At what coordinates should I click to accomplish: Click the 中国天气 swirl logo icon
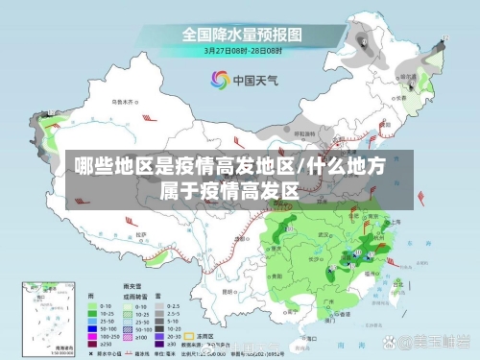tap(219, 81)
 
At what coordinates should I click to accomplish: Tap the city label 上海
tap(396, 222)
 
